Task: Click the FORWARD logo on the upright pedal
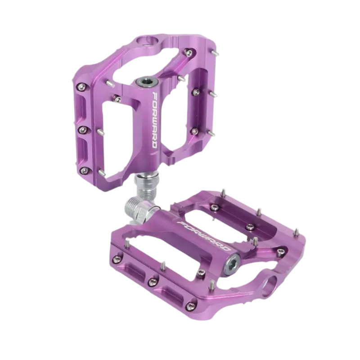[154, 120]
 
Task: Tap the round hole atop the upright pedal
[148, 41]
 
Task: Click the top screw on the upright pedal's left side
[82, 86]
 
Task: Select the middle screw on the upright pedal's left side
[82, 130]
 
